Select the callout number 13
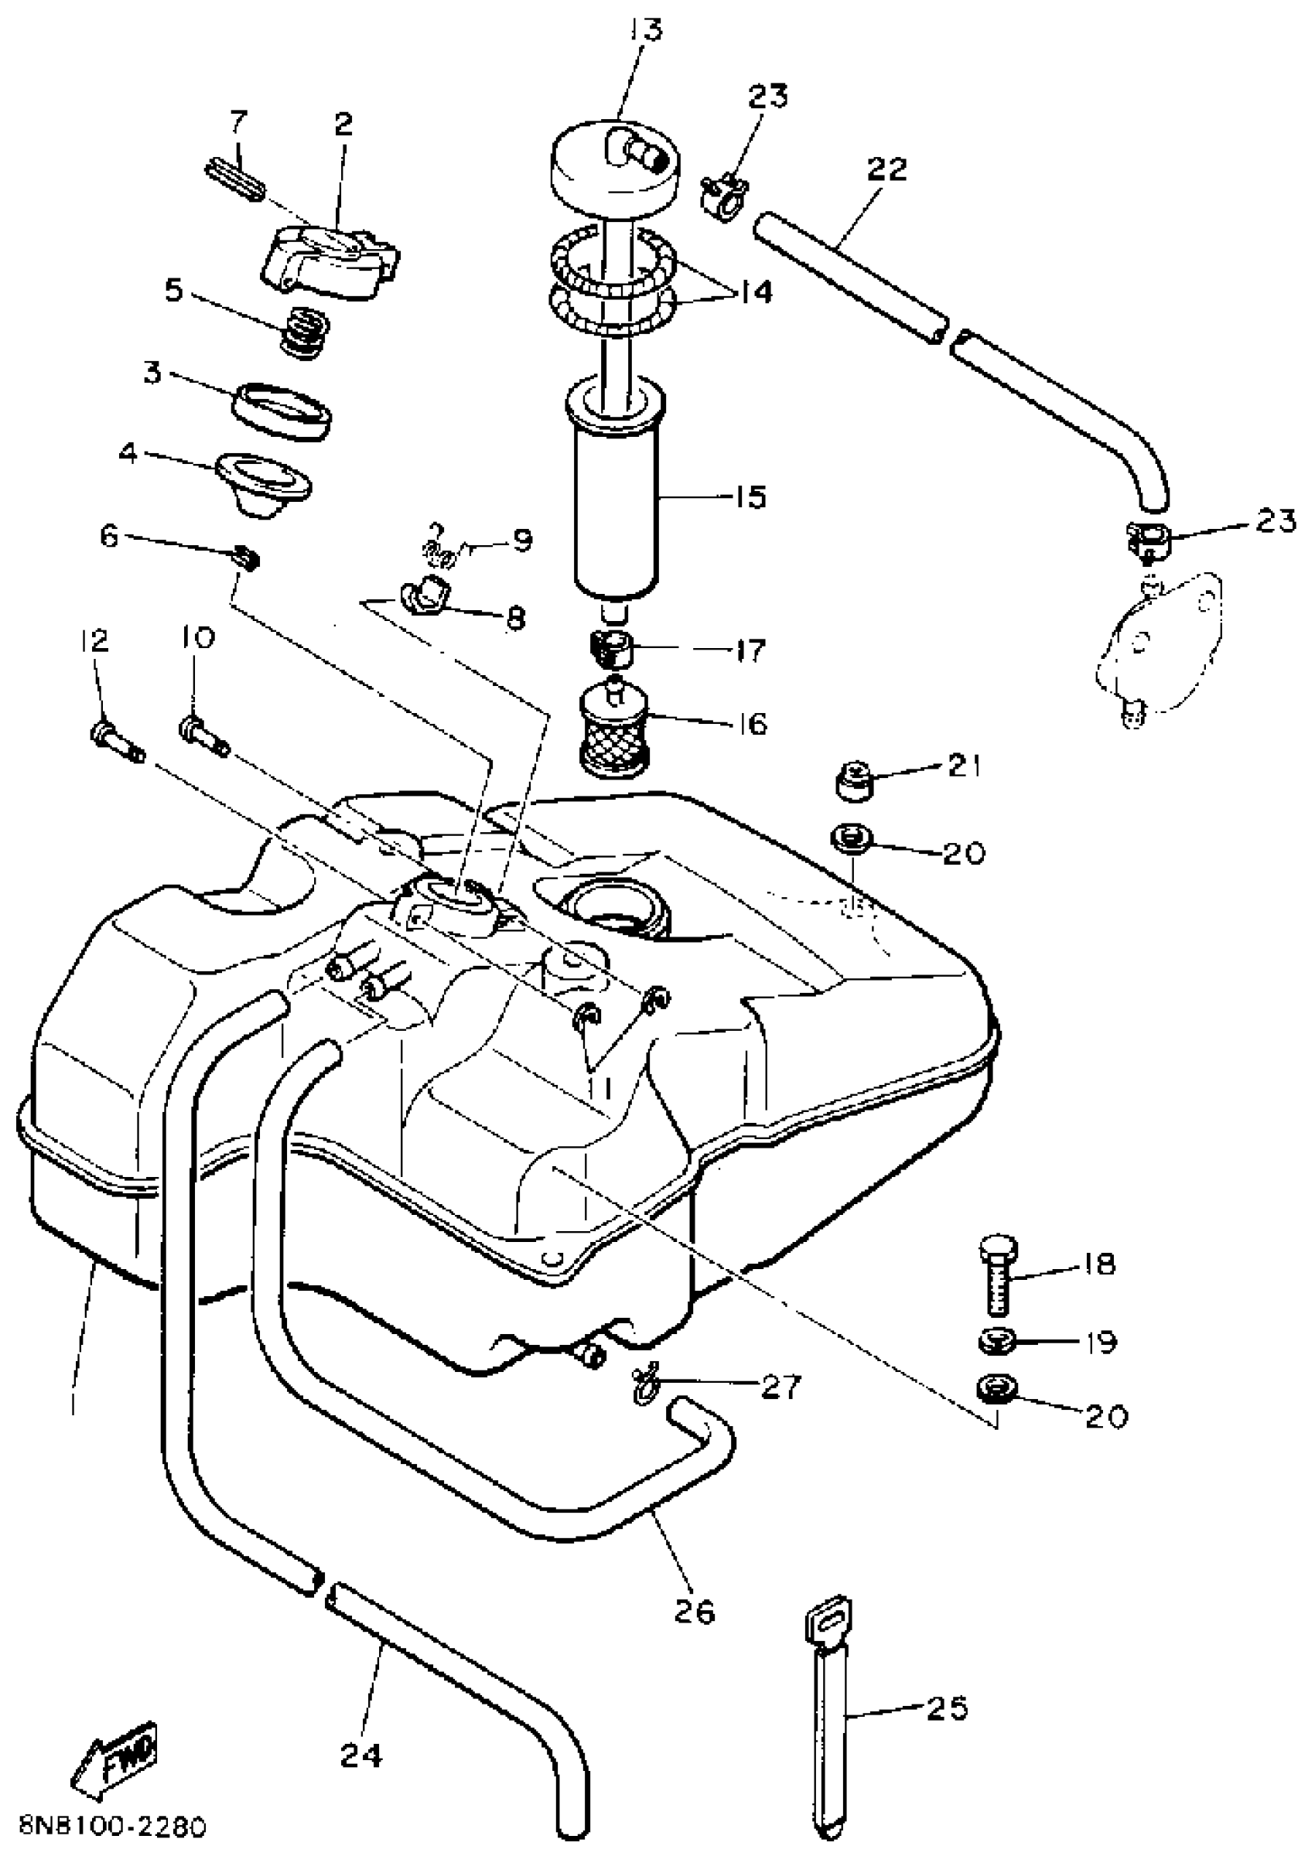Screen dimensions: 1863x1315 point(644,30)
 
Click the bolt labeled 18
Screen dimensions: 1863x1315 point(998,1275)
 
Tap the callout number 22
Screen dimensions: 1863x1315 point(886,169)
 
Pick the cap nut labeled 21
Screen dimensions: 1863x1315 point(854,780)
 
